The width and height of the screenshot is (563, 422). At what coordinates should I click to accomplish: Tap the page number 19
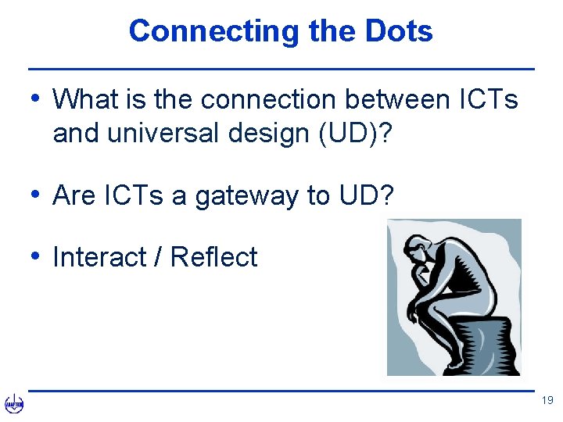(x=547, y=401)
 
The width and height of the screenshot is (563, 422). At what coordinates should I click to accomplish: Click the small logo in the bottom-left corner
(x=14, y=403)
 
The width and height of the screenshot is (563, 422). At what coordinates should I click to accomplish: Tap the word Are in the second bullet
(x=74, y=195)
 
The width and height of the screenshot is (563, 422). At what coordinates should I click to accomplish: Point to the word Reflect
(x=213, y=257)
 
